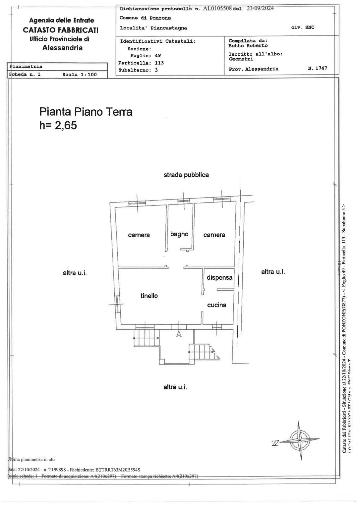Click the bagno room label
[x=179, y=234]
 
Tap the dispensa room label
[x=219, y=277]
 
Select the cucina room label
[x=216, y=305]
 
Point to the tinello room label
[x=149, y=296]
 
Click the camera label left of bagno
[x=139, y=235]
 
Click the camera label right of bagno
[x=214, y=235]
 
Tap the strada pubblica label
[x=186, y=175]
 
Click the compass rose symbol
[x=300, y=440]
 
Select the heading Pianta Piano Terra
[x=86, y=112]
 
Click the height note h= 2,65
[x=58, y=125]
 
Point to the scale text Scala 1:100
[x=80, y=75]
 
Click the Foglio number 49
[x=158, y=56]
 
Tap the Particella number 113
[x=159, y=63]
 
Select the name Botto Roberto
[x=248, y=46]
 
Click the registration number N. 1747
[x=317, y=68]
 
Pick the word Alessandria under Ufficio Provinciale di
[x=62, y=48]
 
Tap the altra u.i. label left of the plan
[x=75, y=273]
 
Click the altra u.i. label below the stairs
[x=175, y=387]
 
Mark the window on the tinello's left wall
[x=117, y=304]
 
